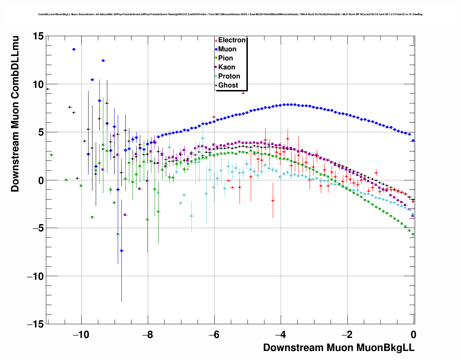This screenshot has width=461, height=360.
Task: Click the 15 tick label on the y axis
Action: coord(38,36)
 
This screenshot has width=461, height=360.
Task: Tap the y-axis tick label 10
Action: coord(38,84)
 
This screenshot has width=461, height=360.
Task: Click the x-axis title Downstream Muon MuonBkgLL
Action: coord(339,348)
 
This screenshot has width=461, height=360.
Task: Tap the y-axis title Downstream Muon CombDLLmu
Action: coord(15,114)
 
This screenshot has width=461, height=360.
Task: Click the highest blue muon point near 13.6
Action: coord(74,49)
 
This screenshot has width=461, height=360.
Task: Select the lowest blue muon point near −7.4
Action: coord(122,250)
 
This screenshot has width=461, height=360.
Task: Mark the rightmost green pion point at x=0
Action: coord(413,235)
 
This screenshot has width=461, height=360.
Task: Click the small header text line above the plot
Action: coord(230,14)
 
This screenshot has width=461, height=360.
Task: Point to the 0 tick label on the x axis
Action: coord(414,334)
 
